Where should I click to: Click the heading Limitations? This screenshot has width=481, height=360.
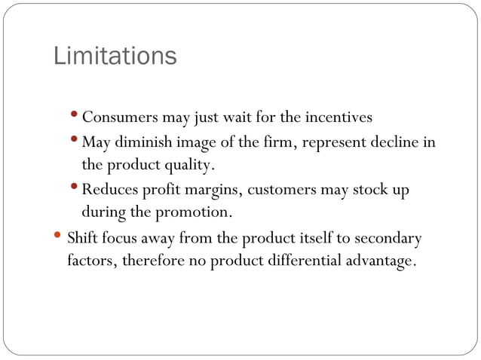tap(115, 56)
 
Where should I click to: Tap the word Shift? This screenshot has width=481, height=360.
tap(81, 239)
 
